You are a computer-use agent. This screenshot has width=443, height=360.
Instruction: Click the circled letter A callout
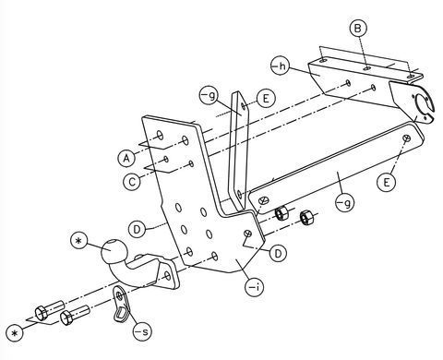pyautogui.click(x=126, y=158)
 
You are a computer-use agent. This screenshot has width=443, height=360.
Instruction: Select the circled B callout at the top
pyautogui.click(x=358, y=29)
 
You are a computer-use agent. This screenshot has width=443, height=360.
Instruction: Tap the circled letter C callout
pyautogui.click(x=132, y=182)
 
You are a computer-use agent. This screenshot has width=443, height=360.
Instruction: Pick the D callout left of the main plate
pyautogui.click(x=138, y=229)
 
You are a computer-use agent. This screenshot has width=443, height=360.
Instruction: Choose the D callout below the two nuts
pyautogui.click(x=278, y=253)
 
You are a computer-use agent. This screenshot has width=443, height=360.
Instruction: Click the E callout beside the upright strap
pyautogui.click(x=266, y=99)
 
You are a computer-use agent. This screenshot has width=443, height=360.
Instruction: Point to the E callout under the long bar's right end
pyautogui.click(x=387, y=183)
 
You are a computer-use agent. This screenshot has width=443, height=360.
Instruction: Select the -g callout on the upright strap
pyautogui.click(x=209, y=96)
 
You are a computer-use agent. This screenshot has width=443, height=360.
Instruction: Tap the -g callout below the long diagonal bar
pyautogui.click(x=344, y=203)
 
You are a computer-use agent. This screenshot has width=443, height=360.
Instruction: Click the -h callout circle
pyautogui.click(x=280, y=66)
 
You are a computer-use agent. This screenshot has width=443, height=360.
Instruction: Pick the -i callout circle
pyautogui.click(x=254, y=288)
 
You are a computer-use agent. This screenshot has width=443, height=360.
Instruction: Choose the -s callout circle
pyautogui.click(x=142, y=331)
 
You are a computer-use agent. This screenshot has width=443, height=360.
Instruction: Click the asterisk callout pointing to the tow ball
pyautogui.click(x=79, y=241)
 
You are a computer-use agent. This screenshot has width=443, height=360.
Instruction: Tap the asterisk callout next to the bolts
pyautogui.click(x=14, y=333)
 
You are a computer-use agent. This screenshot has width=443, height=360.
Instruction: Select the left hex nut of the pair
pyautogui.click(x=281, y=213)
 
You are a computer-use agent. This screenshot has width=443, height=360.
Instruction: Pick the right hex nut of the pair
pyautogui.click(x=306, y=218)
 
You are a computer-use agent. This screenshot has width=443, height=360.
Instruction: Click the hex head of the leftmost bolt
pyautogui.click(x=41, y=313)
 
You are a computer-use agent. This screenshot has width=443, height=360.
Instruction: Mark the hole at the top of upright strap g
pyautogui.click(x=244, y=106)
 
